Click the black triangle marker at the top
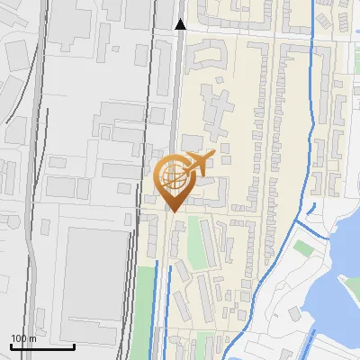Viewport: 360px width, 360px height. click(180, 24)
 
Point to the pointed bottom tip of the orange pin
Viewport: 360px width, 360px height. click(172, 211)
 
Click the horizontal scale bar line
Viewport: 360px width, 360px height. click(42, 346)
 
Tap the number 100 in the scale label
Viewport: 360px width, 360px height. click(19, 338)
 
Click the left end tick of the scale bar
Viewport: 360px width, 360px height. click(11, 344)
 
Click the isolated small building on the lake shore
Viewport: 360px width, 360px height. click(294, 314)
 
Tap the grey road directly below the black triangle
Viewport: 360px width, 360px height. click(179, 90)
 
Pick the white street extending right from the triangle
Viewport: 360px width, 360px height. click(270, 32)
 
